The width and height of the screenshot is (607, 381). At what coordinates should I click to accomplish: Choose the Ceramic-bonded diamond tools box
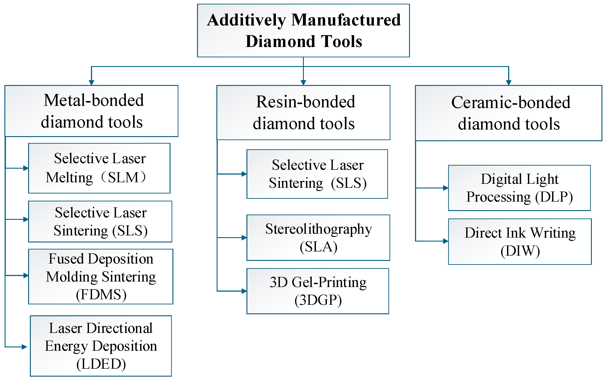click(508, 113)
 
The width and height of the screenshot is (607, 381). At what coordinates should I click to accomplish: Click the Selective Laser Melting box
click(99, 168)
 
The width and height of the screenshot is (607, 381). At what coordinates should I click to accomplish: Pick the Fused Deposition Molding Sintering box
click(101, 276)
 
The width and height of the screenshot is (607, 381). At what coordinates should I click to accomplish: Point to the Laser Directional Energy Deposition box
click(101, 346)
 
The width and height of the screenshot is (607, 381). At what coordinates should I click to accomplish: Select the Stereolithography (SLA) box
click(318, 237)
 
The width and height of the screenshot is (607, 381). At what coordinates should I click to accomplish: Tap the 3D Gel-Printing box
click(318, 291)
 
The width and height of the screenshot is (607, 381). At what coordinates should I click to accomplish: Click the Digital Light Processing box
click(519, 188)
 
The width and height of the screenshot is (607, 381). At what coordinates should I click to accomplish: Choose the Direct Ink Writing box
click(520, 241)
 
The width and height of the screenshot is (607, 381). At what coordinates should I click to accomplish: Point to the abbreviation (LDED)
click(101, 364)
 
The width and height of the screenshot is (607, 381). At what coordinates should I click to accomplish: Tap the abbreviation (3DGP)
click(318, 300)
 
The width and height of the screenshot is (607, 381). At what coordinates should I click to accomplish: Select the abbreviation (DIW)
click(520, 251)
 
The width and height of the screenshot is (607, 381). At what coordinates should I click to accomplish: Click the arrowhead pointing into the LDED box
click(24, 347)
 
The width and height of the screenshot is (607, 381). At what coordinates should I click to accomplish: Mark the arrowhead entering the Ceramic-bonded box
click(508, 83)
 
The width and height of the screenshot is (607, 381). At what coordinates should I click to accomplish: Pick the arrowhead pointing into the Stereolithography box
click(244, 237)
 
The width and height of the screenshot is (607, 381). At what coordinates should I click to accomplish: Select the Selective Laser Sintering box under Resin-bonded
click(317, 174)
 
